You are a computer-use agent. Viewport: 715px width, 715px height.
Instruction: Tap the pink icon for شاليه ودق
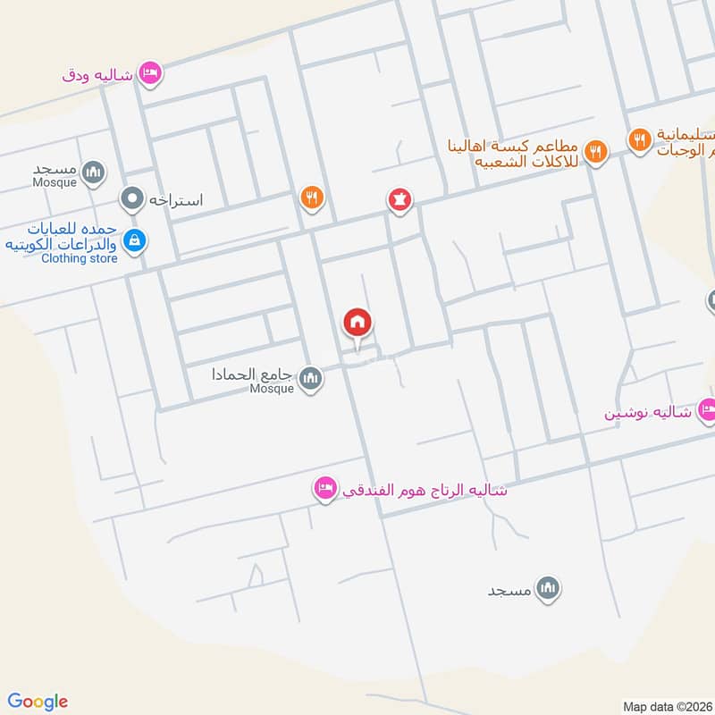coord(150,73)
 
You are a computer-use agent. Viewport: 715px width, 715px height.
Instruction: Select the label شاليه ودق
coord(97,75)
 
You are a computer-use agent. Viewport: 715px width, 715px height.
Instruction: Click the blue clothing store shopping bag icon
coord(135,240)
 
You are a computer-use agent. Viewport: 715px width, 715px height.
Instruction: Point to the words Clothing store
coord(80,258)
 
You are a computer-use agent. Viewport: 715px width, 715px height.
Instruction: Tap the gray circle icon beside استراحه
coord(133,198)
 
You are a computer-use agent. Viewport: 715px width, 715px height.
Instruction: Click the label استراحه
coord(176,199)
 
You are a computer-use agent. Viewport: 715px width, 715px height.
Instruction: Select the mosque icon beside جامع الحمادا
coord(310,379)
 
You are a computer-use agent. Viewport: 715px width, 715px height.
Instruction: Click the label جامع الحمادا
coord(254,374)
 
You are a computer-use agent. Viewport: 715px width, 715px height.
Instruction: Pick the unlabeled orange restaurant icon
coord(311,198)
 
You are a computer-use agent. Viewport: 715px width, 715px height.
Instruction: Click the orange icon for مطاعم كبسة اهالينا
coord(595,150)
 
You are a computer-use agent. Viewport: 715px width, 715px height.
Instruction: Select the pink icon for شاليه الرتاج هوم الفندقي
coord(324,488)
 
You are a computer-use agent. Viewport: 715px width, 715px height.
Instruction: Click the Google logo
coord(38,702)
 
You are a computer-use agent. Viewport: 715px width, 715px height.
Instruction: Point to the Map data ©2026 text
coord(665,705)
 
